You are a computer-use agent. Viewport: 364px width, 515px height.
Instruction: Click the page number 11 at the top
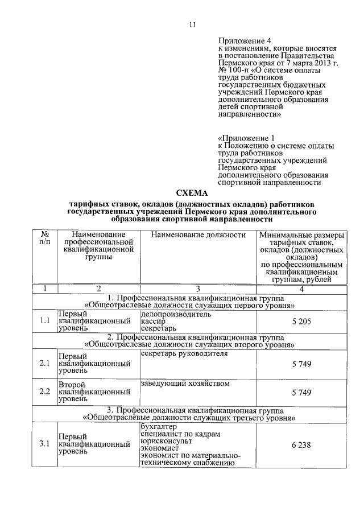(192, 25)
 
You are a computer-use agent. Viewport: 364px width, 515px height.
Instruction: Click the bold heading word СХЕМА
(192, 193)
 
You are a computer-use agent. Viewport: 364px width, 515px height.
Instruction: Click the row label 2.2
(44, 392)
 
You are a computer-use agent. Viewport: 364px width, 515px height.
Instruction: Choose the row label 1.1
(44, 322)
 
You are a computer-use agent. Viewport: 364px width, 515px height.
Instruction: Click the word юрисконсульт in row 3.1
(166, 441)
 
